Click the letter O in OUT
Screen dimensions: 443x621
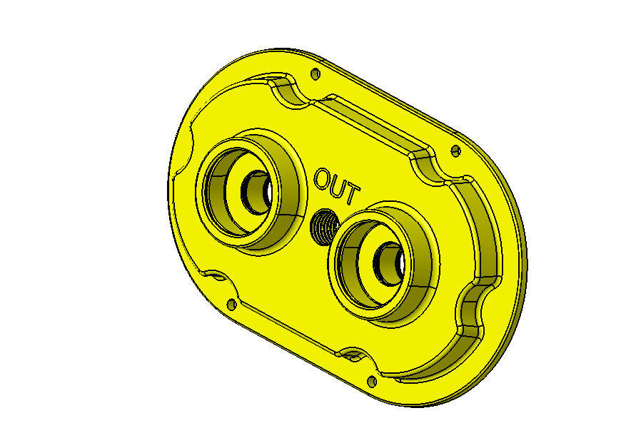tap(323, 177)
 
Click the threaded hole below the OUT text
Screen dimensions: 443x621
tap(325, 227)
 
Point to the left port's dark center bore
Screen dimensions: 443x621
tap(255, 191)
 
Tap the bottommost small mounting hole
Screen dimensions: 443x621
tap(371, 381)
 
